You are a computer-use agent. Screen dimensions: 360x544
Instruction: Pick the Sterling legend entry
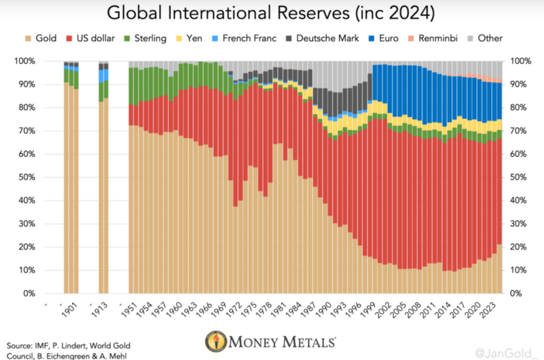pos(145,38)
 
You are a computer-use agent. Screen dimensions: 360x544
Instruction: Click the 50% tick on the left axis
pos(26,177)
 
